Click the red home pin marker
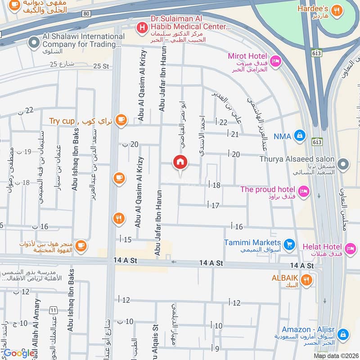[180, 162]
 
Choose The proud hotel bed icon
[304, 191]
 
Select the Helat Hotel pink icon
[349, 248]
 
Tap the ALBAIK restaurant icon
[306, 280]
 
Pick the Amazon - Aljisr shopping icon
[343, 334]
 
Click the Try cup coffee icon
[121, 120]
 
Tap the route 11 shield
[54, 310]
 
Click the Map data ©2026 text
[335, 356]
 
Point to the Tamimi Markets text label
[253, 243]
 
